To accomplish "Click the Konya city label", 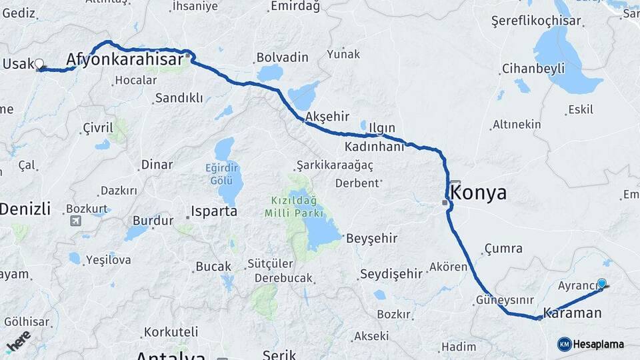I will click(x=479, y=193).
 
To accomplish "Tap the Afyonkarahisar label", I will click(x=125, y=60).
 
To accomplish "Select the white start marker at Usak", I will click(x=39, y=64).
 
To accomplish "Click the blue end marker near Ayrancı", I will click(x=602, y=283).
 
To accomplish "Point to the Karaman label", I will click(x=572, y=313).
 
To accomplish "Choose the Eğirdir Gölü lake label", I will click(x=221, y=173).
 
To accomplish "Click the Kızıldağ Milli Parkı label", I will click(x=294, y=207).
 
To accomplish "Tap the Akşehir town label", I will click(x=327, y=117).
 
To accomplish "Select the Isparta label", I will click(x=214, y=211).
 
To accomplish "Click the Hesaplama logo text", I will click(x=599, y=344).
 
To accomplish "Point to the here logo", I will click(x=19, y=341).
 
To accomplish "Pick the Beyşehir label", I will click(x=371, y=238).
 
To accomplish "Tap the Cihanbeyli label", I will click(x=533, y=69).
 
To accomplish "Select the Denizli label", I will click(x=25, y=209).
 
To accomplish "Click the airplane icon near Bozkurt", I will click(x=75, y=221).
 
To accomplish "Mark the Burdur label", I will click(x=153, y=220).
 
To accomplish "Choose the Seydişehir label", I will click(x=391, y=273).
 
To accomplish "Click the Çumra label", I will click(x=503, y=249).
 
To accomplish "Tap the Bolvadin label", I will click(x=283, y=57).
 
